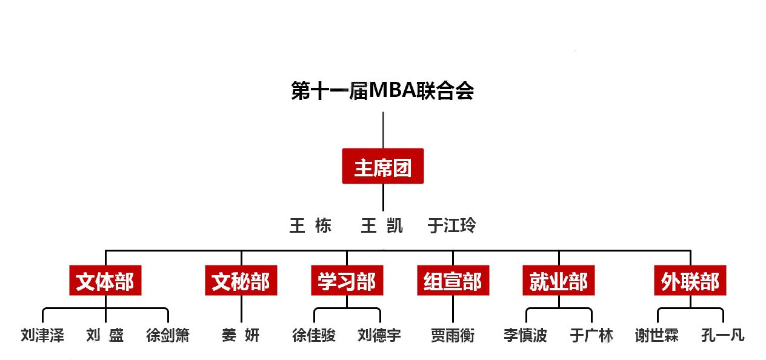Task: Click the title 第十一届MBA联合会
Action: point(382,91)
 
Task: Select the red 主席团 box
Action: point(383,166)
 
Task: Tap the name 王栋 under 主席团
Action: point(310,225)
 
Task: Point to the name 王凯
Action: point(382,225)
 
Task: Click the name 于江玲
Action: point(451,225)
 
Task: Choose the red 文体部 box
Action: point(105,281)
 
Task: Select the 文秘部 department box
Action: point(241,281)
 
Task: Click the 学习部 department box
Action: point(347,281)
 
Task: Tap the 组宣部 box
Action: point(453,281)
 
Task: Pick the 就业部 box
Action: point(559,281)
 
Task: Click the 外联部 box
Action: point(690,281)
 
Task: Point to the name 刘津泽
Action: point(42,335)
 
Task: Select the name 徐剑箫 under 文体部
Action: point(168,335)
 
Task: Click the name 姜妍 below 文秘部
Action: point(241,335)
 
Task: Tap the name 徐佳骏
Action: point(314,335)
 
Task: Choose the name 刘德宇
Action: point(379,335)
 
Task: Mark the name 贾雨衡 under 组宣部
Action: point(453,335)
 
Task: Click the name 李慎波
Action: point(525,335)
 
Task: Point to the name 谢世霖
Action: point(657,335)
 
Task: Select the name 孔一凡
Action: point(723,335)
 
